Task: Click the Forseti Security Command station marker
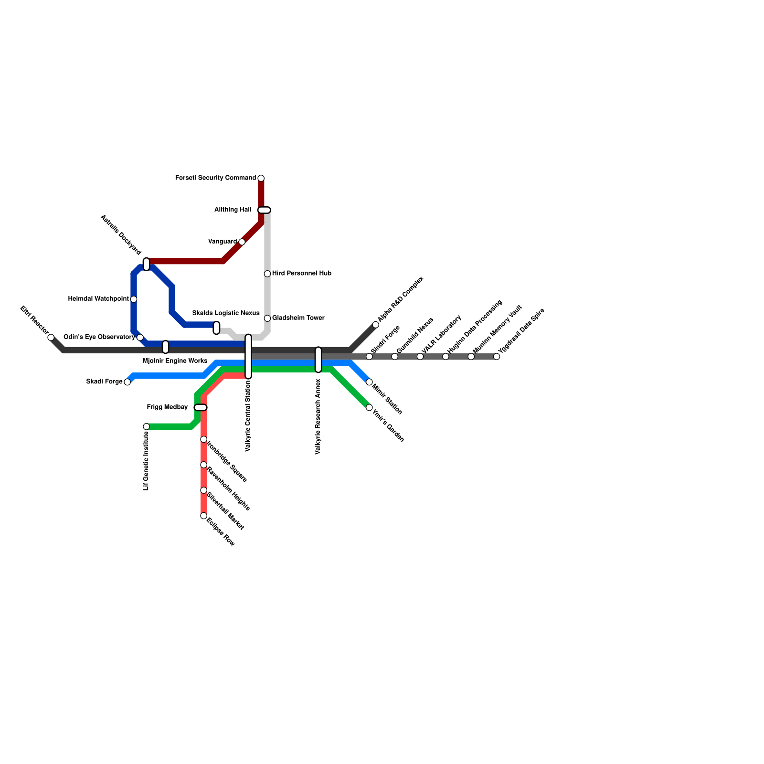tap(261, 179)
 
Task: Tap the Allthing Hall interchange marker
tap(264, 210)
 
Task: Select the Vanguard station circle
tap(242, 242)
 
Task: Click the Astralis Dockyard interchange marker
tap(147, 264)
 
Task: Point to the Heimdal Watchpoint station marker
tap(134, 299)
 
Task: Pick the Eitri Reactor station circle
tap(51, 338)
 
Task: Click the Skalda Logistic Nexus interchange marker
tap(216, 328)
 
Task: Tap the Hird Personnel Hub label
tap(301, 274)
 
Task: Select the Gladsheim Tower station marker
tap(267, 318)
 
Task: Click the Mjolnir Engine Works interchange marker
tap(166, 347)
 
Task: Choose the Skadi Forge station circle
tap(127, 382)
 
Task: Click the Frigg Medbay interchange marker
tap(201, 407)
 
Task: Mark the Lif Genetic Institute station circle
tap(147, 426)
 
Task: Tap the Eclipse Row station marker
tap(204, 516)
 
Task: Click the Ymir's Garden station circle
tap(369, 407)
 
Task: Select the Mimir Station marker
tap(369, 382)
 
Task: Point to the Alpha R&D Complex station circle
tap(376, 325)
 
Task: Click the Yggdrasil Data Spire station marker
tap(497, 357)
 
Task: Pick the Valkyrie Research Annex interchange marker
tap(318, 360)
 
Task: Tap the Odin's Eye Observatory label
tap(99, 337)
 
